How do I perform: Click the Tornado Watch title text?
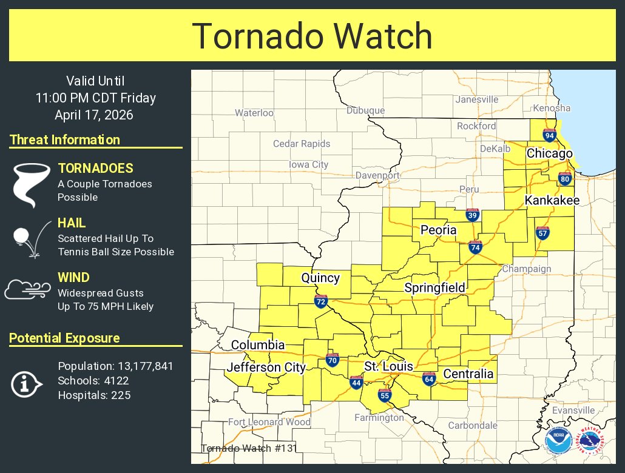coord(312,36)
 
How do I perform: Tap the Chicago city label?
coord(549,153)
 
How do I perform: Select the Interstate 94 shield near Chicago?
coord(550,135)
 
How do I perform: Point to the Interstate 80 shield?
coord(564,178)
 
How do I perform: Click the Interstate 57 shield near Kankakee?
coord(542,233)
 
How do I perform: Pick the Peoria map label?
coord(438,230)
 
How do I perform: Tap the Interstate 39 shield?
coord(473,215)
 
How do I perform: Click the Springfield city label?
coord(434,287)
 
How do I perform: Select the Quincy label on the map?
coord(320,278)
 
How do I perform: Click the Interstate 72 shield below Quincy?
coord(321,301)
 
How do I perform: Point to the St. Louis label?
coord(388,366)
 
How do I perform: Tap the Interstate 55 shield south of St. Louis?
coord(384,395)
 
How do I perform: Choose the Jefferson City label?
coord(266,367)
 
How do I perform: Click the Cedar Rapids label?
coord(302,144)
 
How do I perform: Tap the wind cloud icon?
coord(27,290)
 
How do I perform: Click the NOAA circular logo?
coord(558,441)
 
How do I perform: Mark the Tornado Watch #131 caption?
coord(248,449)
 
